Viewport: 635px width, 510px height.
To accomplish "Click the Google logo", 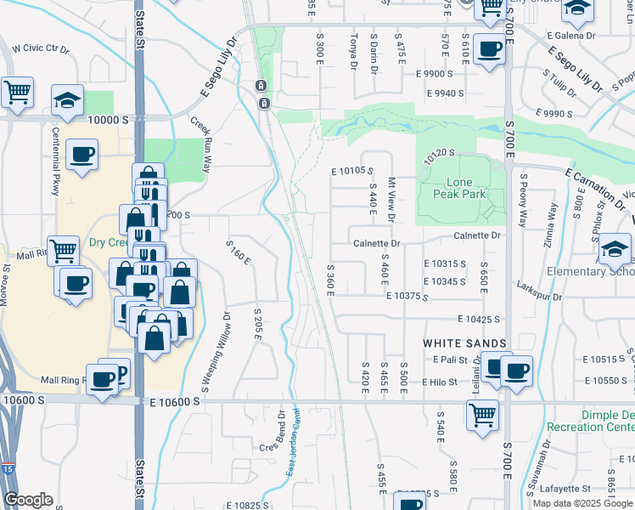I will (x=28, y=500).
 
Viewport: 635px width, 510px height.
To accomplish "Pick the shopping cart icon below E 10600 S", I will (x=482, y=416).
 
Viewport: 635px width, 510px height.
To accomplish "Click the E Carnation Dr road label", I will (x=594, y=187).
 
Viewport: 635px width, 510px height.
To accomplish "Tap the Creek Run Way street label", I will (x=200, y=145).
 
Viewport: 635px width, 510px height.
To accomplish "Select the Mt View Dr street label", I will (x=391, y=199).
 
